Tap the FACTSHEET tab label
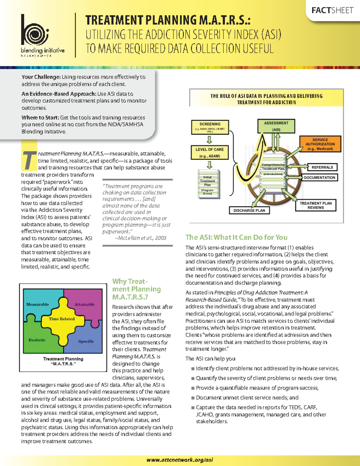point(332,11)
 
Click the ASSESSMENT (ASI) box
point(276,126)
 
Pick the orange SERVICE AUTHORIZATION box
point(320,144)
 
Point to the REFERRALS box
point(322,167)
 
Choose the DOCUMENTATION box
point(319,177)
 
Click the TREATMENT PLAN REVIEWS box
point(316,205)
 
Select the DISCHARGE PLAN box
point(249,210)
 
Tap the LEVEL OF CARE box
point(210,152)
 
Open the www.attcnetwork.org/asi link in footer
point(180,460)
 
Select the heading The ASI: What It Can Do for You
point(236,237)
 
